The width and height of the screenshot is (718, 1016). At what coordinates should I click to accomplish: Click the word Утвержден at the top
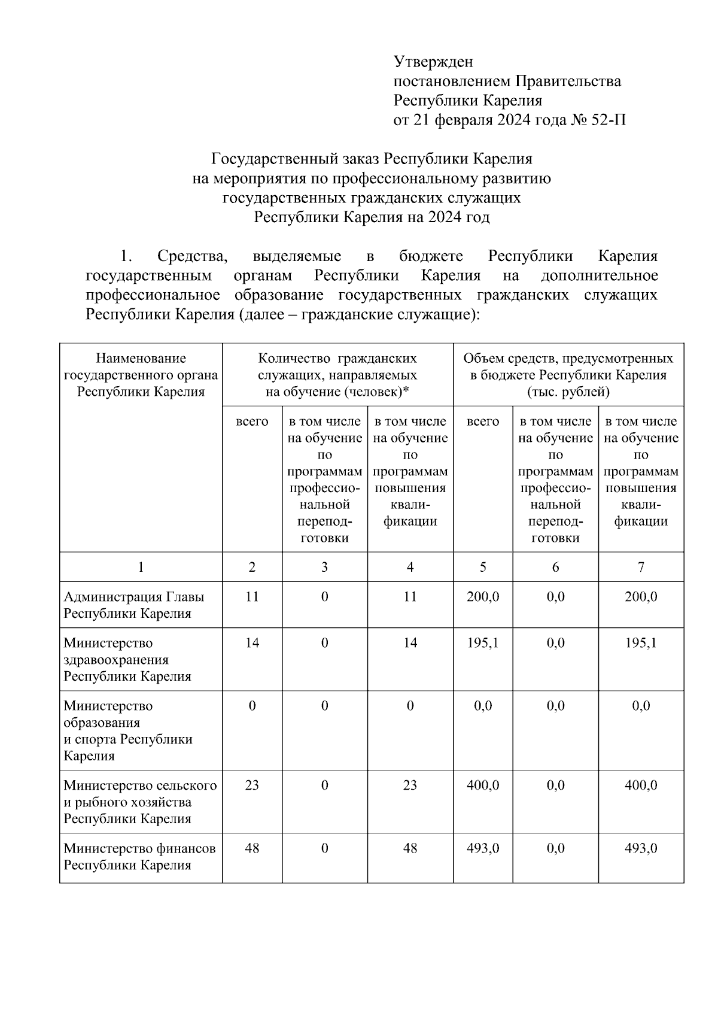click(x=433, y=62)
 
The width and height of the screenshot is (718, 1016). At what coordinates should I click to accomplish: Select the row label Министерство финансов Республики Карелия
click(x=139, y=856)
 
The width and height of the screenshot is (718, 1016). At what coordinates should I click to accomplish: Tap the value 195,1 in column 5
click(x=482, y=642)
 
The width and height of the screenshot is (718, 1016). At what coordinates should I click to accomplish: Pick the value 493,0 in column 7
click(x=640, y=848)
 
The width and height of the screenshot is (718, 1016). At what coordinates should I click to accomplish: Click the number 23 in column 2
click(x=252, y=784)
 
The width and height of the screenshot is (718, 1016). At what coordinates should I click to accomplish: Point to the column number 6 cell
click(x=555, y=566)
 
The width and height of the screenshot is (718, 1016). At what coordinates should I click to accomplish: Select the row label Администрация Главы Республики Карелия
click(x=133, y=605)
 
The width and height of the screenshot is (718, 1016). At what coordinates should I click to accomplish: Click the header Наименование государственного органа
click(x=141, y=375)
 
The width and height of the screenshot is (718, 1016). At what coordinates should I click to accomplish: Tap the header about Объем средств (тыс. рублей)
click(x=568, y=375)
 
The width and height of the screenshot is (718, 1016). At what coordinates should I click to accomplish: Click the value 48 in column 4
click(x=410, y=848)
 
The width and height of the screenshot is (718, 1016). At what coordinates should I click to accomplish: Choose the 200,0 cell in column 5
click(x=482, y=596)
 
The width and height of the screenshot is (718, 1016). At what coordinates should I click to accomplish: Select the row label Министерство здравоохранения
click(x=116, y=659)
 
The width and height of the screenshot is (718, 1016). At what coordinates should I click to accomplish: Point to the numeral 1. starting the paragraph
click(x=125, y=256)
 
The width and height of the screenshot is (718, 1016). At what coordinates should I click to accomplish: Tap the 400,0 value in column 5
click(x=482, y=784)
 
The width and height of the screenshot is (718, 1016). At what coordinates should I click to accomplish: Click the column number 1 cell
click(x=141, y=566)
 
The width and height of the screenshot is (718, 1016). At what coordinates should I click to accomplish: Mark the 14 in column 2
click(x=252, y=642)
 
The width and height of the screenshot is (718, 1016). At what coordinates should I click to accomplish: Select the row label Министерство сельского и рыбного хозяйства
click(x=139, y=801)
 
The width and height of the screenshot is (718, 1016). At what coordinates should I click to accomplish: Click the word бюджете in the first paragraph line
click(x=431, y=256)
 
